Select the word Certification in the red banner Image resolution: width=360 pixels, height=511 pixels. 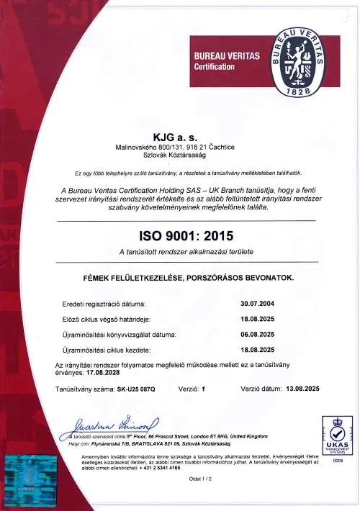[x=215, y=67]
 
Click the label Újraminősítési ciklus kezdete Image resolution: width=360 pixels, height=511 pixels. [x=107, y=350]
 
